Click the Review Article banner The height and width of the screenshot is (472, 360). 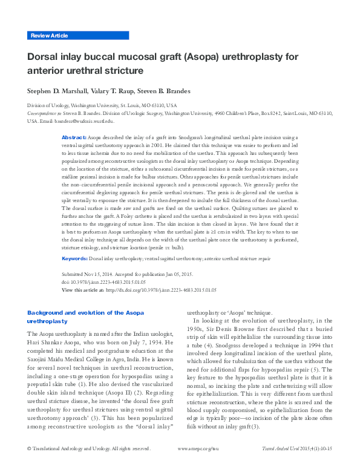pyautogui.click(x=49, y=36)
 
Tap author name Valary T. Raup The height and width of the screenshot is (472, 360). pyautogui.click(x=117, y=91)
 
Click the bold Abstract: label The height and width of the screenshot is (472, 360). pyautogui.click(x=74, y=138)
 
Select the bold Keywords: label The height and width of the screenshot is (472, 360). pyautogui.click(x=75, y=258)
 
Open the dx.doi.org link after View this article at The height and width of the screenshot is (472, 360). pyautogui.click(x=160, y=290)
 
